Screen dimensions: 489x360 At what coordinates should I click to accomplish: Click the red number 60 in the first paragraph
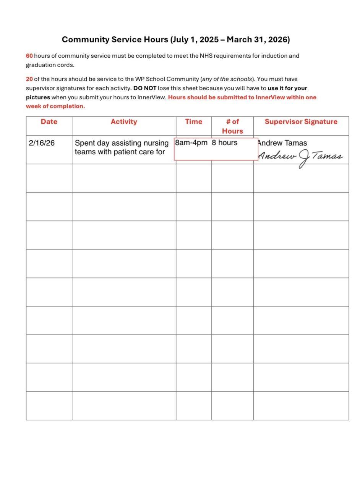pos(29,56)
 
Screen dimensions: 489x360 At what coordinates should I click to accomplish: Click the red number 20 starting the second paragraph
pos(29,79)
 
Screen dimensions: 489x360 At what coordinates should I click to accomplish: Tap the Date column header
pos(49,122)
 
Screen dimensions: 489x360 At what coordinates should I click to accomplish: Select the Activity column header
pos(124,122)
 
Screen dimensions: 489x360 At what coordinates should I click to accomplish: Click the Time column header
pos(194,122)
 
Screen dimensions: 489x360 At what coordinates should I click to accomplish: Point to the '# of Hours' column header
pos(232,126)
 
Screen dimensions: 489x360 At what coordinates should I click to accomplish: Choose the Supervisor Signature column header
pos(301,122)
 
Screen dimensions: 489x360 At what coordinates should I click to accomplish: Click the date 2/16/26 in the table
pos(42,143)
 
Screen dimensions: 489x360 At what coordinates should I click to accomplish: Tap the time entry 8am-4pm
pos(191,143)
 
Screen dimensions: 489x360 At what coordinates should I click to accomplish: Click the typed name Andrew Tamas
pos(282,143)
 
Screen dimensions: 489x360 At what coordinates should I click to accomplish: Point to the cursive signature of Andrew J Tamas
pos(300,157)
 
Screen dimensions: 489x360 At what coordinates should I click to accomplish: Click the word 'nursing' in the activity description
pos(156,143)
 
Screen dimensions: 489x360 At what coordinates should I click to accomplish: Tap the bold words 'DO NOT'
pos(145,88)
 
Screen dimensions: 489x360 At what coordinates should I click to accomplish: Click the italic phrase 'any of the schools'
pos(227,79)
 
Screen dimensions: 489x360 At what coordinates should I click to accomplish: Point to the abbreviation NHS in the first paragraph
pos(206,56)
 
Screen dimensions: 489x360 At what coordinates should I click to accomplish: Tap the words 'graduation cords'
pos(50,65)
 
